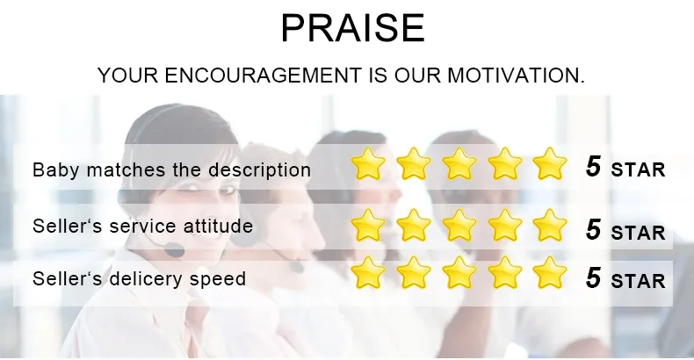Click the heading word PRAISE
(353, 28)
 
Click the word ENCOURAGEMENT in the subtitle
(263, 76)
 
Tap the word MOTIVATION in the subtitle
(516, 76)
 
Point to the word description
(259, 170)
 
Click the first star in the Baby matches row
(367, 164)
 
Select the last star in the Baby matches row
(549, 164)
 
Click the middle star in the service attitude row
(459, 226)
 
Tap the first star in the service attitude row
(367, 226)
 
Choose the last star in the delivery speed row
(549, 273)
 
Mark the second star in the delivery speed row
(414, 273)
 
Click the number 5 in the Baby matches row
(594, 167)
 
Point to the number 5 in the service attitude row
(594, 229)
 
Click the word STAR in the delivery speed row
(638, 281)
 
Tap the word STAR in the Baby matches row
(638, 169)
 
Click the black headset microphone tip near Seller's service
(174, 250)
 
